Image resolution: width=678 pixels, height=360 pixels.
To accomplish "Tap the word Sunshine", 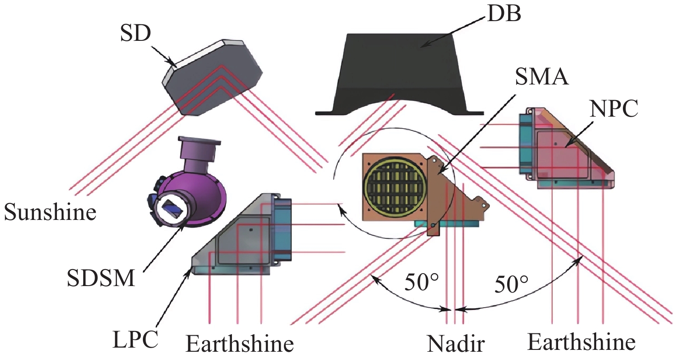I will pos(51,213).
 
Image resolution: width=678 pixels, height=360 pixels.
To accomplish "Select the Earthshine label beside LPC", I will pos(239,344).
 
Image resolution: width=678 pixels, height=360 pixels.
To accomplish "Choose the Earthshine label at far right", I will pos(582,343).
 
